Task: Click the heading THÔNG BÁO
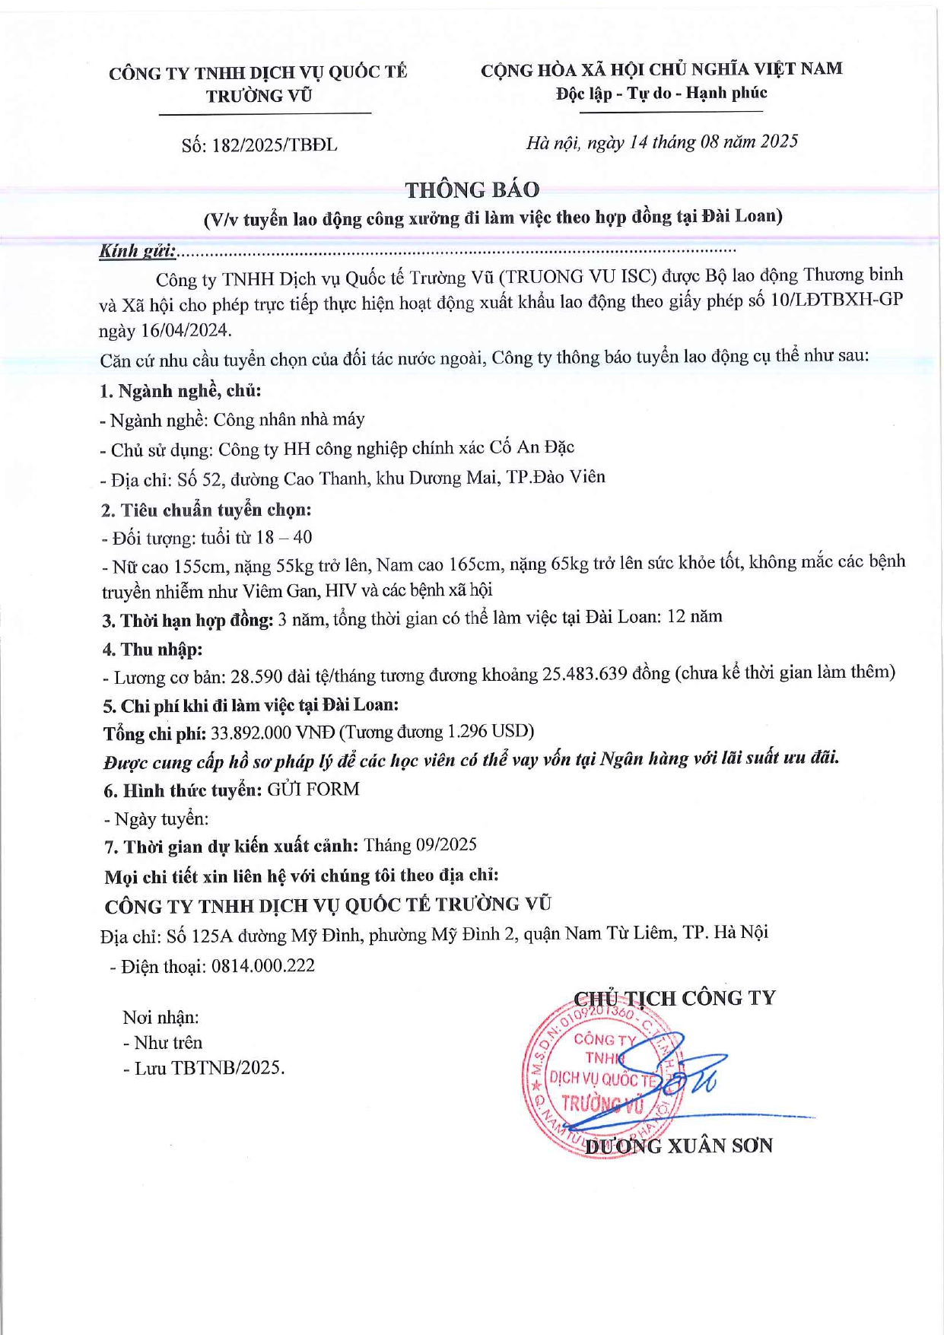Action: [472, 189]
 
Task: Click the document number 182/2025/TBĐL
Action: [275, 145]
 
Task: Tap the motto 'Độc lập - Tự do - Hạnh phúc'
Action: [661, 94]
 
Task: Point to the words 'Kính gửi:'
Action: [138, 250]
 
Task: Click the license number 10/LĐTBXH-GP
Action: [836, 299]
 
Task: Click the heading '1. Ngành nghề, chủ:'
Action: [181, 391]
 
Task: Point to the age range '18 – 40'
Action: [284, 537]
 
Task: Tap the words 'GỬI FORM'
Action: [313, 789]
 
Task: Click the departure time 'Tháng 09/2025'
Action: [420, 844]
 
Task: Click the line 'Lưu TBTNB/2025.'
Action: [204, 1068]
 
